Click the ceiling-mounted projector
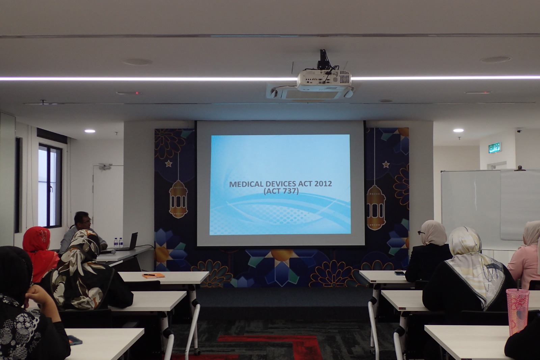(x=324, y=80)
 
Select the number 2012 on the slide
(x=322, y=184)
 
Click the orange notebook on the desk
(x=153, y=276)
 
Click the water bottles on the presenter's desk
(x=118, y=242)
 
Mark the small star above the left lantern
(x=168, y=164)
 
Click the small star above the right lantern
(x=386, y=164)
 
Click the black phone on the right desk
(x=399, y=273)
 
